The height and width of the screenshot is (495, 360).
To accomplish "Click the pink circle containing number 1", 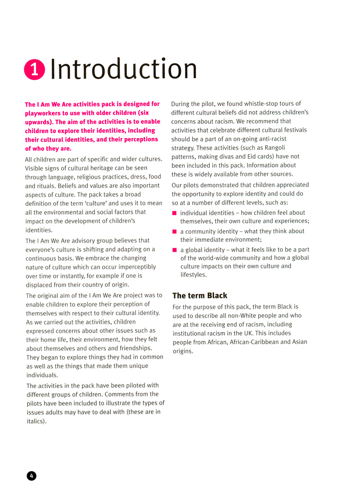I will tap(35, 70).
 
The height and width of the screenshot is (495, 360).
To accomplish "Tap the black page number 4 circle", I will tap(31, 476).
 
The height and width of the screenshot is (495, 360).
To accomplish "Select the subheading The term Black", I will tap(200, 295).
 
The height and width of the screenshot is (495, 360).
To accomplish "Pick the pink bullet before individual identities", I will tap(174, 213).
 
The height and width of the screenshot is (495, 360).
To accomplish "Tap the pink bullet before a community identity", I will tap(174, 232).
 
